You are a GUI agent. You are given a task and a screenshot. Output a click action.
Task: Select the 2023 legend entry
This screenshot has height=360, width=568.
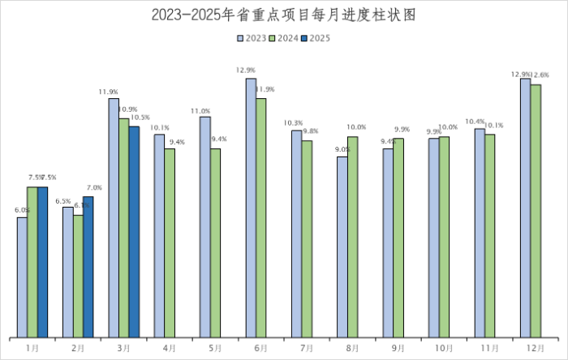coord(252,37)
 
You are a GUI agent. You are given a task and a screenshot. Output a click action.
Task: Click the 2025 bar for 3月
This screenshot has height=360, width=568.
coord(134,231)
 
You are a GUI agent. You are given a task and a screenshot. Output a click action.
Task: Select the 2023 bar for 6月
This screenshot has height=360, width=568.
coord(251,208)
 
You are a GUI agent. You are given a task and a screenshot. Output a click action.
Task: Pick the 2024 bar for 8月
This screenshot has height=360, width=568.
coord(352,236)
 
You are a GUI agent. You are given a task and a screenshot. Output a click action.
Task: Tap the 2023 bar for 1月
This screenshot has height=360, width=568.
coord(22,276)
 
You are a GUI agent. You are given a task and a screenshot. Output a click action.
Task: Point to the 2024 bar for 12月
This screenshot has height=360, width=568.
coord(536,210)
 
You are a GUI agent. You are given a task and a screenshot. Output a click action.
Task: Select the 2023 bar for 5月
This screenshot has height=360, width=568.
coord(205,226)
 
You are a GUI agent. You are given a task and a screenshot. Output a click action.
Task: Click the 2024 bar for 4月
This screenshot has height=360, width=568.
coord(170,242)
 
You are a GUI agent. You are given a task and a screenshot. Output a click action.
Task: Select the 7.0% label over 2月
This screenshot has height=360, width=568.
coord(93,188)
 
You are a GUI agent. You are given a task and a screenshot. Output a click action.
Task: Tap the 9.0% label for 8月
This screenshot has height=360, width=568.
coord(342,149)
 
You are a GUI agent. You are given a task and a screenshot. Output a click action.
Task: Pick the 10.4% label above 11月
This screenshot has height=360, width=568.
coord(475,122)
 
